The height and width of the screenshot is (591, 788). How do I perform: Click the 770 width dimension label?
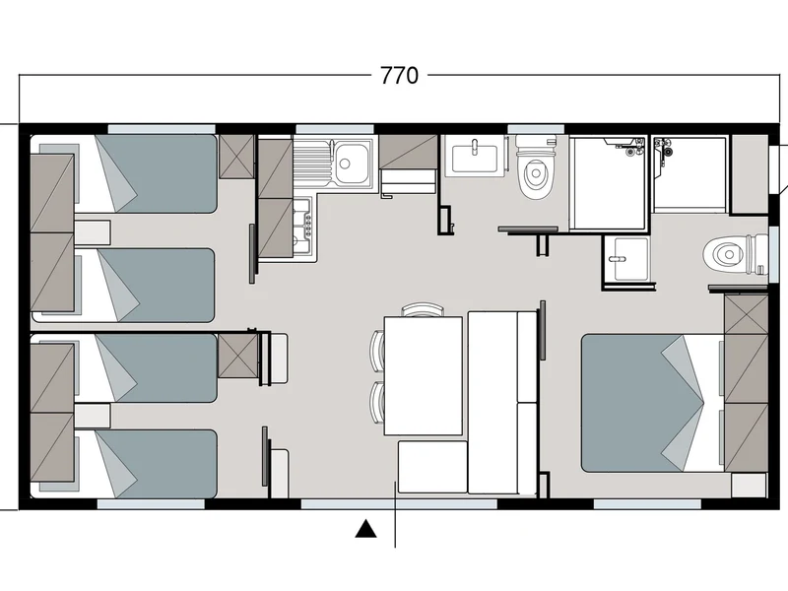(x=399, y=76)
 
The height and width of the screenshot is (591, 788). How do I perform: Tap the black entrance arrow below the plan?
(x=365, y=529)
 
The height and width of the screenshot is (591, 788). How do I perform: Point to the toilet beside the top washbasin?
(x=536, y=167)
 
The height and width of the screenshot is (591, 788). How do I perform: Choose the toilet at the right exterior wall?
(x=735, y=254)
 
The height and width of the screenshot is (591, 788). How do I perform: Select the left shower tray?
(x=608, y=182)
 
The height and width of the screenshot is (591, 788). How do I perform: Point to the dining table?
(x=424, y=376)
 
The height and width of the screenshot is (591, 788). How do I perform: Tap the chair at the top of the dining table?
(x=424, y=309)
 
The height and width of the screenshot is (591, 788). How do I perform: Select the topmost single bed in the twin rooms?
(x=124, y=173)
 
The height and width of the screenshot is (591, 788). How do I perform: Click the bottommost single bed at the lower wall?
(x=124, y=463)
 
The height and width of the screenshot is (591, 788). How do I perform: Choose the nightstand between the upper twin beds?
(x=93, y=231)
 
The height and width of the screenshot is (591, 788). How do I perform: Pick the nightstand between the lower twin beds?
(x=93, y=416)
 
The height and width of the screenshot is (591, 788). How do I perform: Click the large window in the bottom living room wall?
(x=399, y=504)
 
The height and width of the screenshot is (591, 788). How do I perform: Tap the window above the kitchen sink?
(x=335, y=129)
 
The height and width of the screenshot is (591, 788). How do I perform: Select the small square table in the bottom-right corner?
(x=749, y=486)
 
